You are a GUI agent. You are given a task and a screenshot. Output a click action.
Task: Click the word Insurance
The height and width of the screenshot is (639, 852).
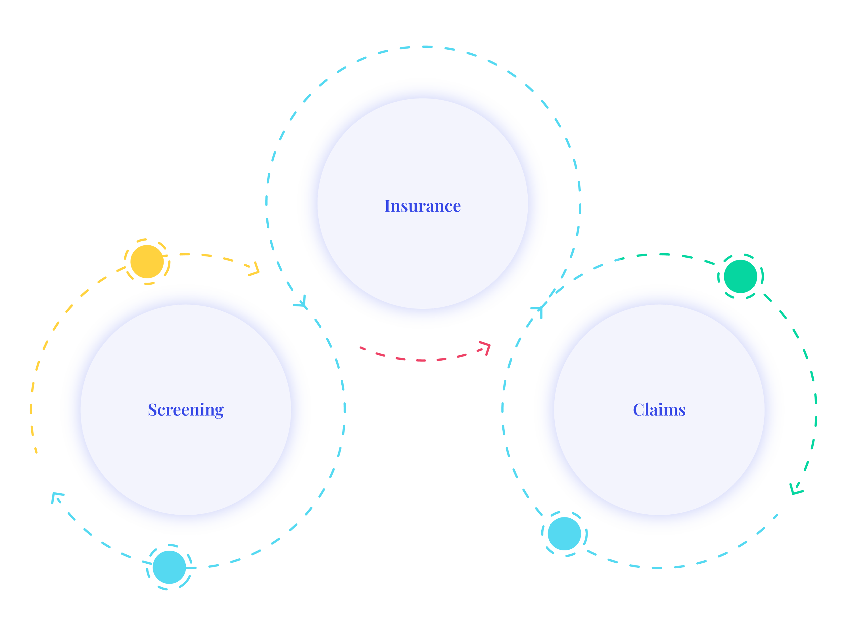tap(423, 206)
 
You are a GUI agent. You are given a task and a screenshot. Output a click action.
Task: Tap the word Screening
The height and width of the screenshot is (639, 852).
tap(186, 410)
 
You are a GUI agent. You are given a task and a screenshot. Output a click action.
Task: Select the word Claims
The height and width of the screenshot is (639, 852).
tap(659, 410)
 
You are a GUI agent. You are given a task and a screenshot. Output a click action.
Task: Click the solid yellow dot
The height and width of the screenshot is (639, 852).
tap(147, 262)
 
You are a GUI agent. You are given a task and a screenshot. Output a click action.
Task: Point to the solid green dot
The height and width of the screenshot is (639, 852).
tap(740, 276)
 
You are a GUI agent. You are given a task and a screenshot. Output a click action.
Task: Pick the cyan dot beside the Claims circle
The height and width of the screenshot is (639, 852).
tap(564, 533)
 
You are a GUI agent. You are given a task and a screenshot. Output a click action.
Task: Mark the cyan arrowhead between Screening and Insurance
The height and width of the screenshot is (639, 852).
tap(302, 304)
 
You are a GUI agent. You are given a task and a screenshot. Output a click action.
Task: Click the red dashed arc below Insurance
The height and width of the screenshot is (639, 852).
tap(421, 360)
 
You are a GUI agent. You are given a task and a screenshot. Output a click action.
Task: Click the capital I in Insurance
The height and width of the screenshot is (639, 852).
tap(388, 206)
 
